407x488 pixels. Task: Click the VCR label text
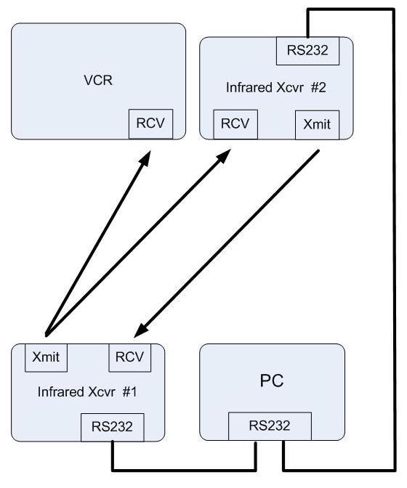pos(98,81)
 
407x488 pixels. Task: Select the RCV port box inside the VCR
pos(150,124)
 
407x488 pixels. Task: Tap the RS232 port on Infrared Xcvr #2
pos(307,51)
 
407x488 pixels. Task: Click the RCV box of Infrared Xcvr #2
pos(235,124)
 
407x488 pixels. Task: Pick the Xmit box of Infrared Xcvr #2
pos(317,125)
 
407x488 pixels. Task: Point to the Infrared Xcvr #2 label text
pos(276,88)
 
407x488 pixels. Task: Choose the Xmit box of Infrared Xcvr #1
pos(46,357)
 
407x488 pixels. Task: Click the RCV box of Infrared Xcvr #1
pos(130,357)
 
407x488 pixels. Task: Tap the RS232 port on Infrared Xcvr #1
pos(113,427)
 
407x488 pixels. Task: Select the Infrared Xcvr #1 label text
pos(87,392)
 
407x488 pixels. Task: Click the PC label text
pos(272,381)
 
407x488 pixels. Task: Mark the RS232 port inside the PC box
pos(270,426)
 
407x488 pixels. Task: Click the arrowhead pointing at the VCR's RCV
pos(145,159)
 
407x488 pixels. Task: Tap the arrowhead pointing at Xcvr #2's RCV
pos(224,156)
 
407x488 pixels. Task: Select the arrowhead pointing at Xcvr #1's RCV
pos(142,330)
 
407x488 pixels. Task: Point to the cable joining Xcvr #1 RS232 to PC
pos(184,470)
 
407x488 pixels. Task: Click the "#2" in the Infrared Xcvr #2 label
pos(318,88)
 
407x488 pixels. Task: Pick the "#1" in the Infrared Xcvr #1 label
pos(130,392)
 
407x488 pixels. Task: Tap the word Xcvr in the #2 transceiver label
pos(289,88)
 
